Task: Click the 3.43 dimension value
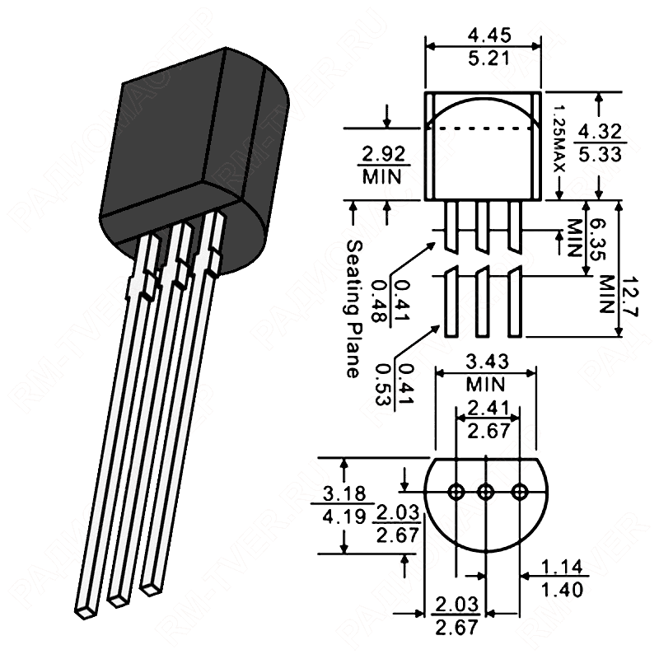487,362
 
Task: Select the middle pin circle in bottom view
486,492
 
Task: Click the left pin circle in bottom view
455,492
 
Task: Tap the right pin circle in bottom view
518,492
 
